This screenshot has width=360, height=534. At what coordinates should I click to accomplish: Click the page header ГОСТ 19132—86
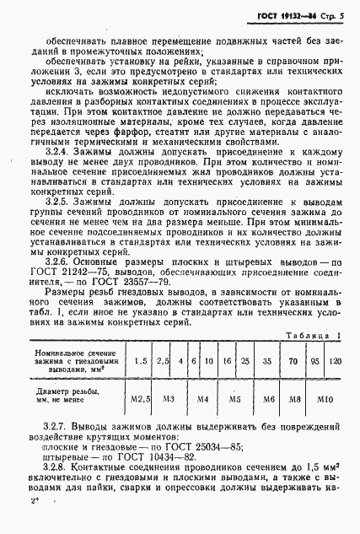coord(297,17)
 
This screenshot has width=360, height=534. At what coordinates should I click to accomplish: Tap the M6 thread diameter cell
coord(267,396)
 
